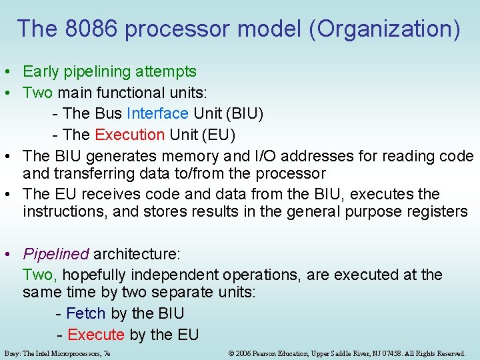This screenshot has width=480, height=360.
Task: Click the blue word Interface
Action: (157, 114)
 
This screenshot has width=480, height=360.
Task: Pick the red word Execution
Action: (130, 135)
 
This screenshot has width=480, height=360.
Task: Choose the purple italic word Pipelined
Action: (56, 254)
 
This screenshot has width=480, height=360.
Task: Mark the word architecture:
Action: (137, 254)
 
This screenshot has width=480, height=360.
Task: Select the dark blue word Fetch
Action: (86, 313)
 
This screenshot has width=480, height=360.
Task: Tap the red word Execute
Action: (96, 335)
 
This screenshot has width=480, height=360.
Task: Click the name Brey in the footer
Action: (11, 353)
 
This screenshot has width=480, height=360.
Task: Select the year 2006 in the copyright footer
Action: (244, 353)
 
